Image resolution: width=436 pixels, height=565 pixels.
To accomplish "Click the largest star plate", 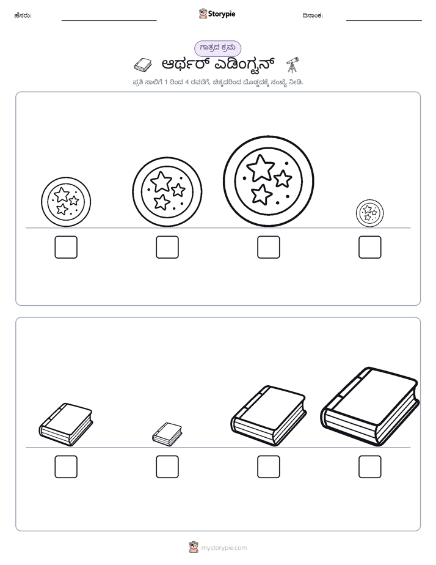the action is pos(268,181).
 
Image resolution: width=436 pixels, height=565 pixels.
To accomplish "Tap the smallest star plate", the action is pos(370,213).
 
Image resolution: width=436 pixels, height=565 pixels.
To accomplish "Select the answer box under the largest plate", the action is pos(268,247).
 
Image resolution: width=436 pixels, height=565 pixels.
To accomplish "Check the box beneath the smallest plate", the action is pos(370,247).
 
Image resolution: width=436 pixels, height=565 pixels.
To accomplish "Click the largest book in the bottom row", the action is pos(370,407).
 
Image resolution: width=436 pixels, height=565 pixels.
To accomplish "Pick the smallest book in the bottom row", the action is pos(167,434).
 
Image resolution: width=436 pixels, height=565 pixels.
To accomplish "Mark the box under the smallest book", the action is pos(167,467).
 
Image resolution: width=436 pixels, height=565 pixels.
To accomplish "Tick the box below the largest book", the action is pos(370,467).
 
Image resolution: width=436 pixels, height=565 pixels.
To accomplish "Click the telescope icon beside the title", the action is pos(292,64).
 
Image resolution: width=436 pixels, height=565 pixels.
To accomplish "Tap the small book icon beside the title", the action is pos(143,65).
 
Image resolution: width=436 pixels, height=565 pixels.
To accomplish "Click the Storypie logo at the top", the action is pos(217,13).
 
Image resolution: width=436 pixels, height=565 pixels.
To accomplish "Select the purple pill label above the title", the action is pos(217,48).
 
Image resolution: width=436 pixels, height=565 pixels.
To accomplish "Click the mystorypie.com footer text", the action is pos(223,548).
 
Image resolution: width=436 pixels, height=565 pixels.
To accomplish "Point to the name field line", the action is pos(109,21).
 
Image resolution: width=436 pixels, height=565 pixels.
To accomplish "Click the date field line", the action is pos(384,21).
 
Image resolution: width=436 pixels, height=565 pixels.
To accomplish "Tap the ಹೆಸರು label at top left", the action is pos(23,15).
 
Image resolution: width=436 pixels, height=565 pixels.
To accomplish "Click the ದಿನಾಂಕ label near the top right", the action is pos(313,15).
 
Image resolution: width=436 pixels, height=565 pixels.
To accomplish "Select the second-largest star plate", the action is pos(167,192).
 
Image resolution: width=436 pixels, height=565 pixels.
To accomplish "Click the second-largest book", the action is pos(268,416).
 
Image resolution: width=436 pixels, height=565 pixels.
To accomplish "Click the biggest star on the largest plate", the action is pos(261,168).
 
